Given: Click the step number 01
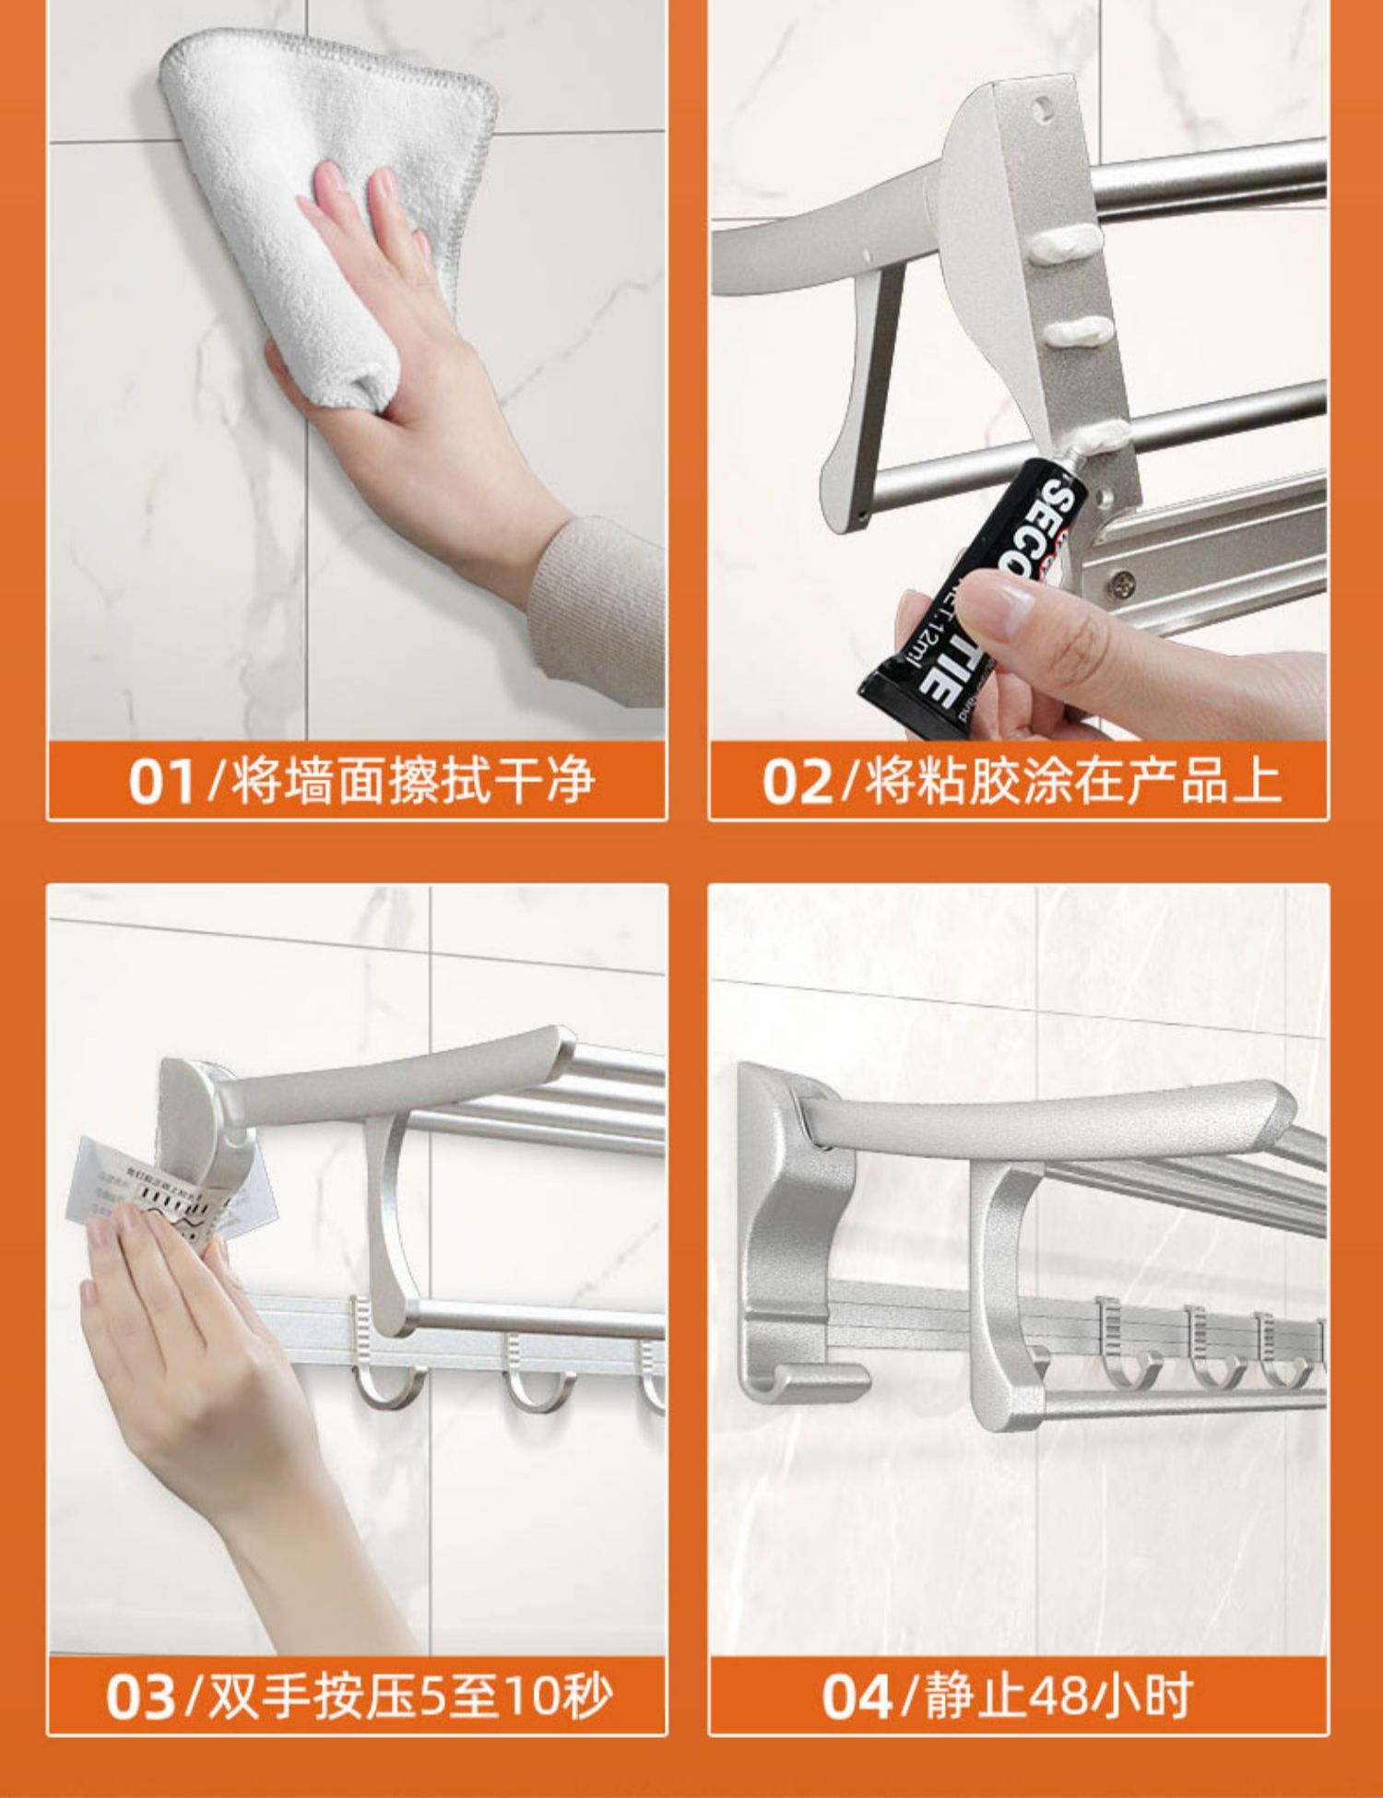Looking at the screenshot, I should point(161,781).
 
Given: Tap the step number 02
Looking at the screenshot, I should point(796,781).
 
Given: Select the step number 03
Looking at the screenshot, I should point(139,1697).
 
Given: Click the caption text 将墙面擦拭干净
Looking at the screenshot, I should point(412,780).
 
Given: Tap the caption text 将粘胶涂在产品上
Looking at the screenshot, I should point(1072,780).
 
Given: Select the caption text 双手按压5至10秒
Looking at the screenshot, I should point(410,1696).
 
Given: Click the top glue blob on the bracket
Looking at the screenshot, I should point(1065,243).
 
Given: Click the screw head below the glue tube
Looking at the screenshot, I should point(1121,582).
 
